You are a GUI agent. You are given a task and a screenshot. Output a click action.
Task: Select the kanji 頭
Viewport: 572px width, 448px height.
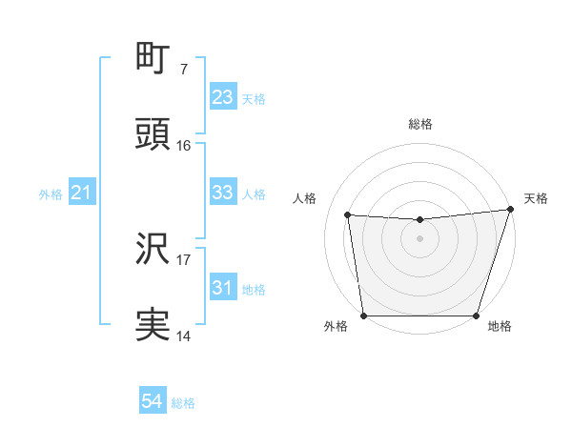(x=153, y=135)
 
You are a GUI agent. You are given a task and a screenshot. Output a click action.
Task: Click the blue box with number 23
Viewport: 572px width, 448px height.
(x=222, y=97)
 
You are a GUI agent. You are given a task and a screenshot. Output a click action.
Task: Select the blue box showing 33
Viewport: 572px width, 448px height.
(x=222, y=193)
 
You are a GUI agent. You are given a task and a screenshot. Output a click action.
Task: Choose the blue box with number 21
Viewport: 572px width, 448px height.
(x=81, y=193)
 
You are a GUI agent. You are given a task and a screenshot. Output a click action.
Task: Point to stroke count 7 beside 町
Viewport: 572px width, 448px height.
(x=183, y=70)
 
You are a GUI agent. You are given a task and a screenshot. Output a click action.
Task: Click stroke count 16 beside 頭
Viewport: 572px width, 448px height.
(x=183, y=146)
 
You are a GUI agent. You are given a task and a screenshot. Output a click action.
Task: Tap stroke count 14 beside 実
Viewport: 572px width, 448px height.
(x=183, y=336)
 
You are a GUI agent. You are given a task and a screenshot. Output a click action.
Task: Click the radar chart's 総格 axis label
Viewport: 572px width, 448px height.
(x=419, y=125)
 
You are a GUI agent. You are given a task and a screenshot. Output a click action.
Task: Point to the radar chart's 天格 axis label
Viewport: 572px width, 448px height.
(x=536, y=198)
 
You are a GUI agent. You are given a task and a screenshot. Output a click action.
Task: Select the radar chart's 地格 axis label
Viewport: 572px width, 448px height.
(x=500, y=327)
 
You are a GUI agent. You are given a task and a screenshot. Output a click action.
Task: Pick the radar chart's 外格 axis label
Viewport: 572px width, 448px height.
(x=336, y=327)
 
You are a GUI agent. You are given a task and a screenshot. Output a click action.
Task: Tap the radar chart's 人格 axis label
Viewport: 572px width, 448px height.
(x=306, y=198)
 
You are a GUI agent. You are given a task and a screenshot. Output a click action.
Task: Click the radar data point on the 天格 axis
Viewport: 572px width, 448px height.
(x=510, y=210)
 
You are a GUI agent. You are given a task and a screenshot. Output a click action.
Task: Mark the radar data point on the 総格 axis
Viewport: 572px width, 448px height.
(x=419, y=220)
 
